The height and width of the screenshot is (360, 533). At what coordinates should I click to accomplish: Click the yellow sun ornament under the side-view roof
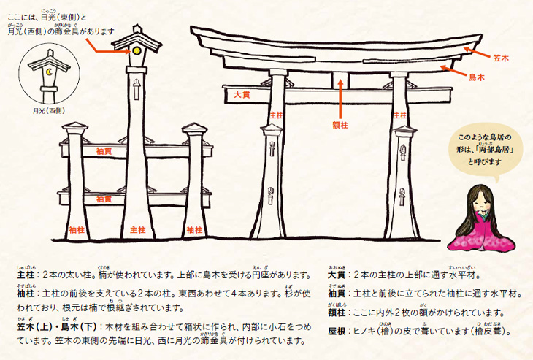137,50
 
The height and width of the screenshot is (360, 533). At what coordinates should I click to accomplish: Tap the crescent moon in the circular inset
49,72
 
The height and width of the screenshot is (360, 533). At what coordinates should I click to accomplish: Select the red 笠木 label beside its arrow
501,58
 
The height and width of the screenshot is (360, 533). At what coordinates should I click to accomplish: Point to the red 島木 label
477,77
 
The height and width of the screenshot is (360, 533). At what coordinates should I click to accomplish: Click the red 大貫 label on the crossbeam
242,95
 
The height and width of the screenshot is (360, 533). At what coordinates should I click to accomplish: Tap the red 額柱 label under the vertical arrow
340,126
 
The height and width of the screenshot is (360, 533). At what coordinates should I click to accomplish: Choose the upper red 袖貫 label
104,151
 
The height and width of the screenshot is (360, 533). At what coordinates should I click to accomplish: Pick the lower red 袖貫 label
104,199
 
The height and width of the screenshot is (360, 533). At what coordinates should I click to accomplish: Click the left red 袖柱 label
77,230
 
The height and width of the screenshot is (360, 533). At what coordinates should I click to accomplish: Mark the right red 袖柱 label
194,230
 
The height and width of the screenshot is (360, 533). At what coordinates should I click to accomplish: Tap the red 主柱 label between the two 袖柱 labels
138,230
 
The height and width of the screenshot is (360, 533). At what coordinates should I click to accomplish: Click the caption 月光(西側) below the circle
49,111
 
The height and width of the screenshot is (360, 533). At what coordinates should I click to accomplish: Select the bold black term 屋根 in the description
337,332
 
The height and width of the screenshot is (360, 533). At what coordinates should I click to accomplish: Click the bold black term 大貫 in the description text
337,275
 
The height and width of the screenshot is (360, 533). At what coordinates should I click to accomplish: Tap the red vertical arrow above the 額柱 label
340,99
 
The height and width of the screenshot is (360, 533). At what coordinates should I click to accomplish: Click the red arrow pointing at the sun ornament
108,47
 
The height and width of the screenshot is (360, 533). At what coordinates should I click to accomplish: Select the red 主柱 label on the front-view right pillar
400,115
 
